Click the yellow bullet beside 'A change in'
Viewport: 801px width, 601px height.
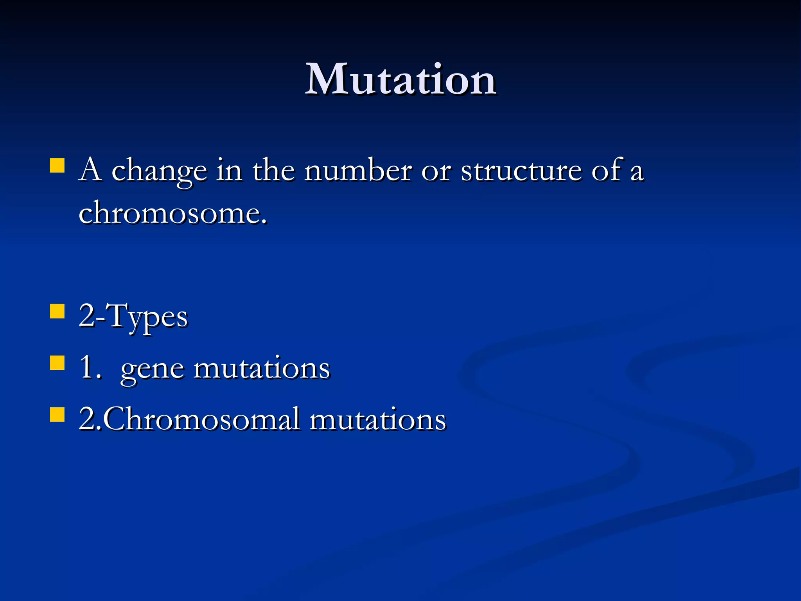pos(57,165)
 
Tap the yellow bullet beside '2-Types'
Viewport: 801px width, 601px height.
pos(57,312)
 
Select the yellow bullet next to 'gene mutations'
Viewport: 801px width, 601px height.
pos(57,363)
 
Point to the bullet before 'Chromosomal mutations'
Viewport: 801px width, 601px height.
pos(57,414)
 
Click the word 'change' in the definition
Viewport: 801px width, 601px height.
pos(159,172)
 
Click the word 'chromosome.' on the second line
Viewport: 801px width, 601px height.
pos(173,214)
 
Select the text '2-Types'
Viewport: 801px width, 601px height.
pos(133,317)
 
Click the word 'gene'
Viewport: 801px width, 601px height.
pos(152,370)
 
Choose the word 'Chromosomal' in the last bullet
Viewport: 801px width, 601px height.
pos(202,419)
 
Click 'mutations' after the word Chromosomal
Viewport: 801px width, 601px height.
pos(378,419)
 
